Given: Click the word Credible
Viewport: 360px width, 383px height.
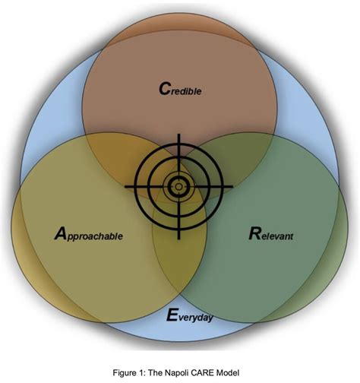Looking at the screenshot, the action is pyautogui.click(x=180, y=89).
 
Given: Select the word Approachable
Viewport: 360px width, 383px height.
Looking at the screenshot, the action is pyautogui.click(x=89, y=233).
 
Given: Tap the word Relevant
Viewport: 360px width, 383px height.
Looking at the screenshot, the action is pyautogui.click(x=271, y=233).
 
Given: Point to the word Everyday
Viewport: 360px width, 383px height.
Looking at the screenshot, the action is pyautogui.click(x=190, y=315).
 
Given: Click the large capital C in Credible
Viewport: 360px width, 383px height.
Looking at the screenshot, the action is pyautogui.click(x=164, y=89).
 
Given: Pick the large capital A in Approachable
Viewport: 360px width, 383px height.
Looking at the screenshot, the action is pyautogui.click(x=61, y=233).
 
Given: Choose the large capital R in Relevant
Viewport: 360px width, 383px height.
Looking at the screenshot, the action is pyautogui.click(x=254, y=233).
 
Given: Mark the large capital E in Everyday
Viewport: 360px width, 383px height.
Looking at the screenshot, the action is pyautogui.click(x=172, y=315).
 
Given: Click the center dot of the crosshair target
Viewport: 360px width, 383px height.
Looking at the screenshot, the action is pyautogui.click(x=178, y=187).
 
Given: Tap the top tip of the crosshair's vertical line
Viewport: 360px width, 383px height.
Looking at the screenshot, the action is pyautogui.click(x=178, y=134).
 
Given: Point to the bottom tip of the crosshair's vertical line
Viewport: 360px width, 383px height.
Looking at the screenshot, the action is pyautogui.click(x=178, y=239).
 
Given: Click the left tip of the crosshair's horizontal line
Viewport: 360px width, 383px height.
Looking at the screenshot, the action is pyautogui.click(x=125, y=187).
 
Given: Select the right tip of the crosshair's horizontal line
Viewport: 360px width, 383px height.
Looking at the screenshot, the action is pyautogui.click(x=232, y=187).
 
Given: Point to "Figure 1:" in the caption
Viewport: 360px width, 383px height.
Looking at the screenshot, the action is pyautogui.click(x=129, y=372).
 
